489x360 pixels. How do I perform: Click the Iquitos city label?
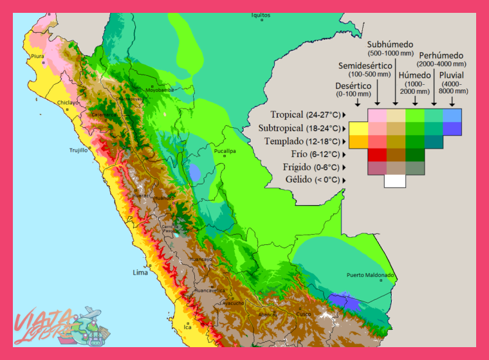click(x=261, y=15)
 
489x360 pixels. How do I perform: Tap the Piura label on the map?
click(x=38, y=57)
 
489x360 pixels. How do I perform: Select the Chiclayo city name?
click(x=68, y=102)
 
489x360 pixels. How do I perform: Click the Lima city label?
click(x=140, y=273)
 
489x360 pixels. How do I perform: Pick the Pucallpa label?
click(x=225, y=151)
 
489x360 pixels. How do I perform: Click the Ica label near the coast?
click(x=188, y=327)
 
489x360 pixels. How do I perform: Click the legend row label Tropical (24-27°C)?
click(x=305, y=115)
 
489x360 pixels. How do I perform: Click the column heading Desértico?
click(x=353, y=85)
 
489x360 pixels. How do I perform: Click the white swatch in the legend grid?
click(x=395, y=181)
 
